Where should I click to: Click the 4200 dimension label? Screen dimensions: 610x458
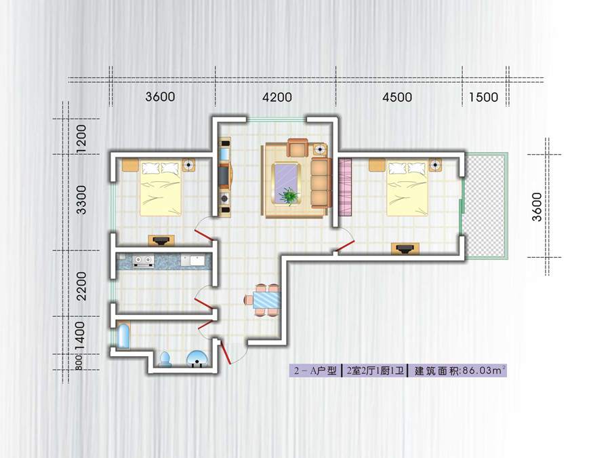277,97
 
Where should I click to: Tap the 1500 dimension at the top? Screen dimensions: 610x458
483,97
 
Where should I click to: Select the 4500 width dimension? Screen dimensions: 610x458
397,97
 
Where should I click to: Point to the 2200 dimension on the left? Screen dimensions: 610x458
81,286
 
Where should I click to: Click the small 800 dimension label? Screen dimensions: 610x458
79,362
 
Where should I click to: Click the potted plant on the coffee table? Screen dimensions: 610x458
289,195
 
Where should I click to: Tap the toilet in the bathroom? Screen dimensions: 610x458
165,359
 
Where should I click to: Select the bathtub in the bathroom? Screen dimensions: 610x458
124,336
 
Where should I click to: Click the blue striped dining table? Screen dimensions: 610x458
267,300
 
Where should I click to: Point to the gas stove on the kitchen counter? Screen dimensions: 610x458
143,261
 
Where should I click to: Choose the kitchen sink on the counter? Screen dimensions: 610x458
193,261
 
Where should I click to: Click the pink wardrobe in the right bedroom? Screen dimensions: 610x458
345,187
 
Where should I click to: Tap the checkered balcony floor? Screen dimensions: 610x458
485,206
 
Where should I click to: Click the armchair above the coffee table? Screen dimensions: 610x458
298,148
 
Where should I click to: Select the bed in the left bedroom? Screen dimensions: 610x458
161,188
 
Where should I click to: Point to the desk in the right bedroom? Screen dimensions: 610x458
405,248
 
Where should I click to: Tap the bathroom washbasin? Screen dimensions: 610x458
199,359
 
